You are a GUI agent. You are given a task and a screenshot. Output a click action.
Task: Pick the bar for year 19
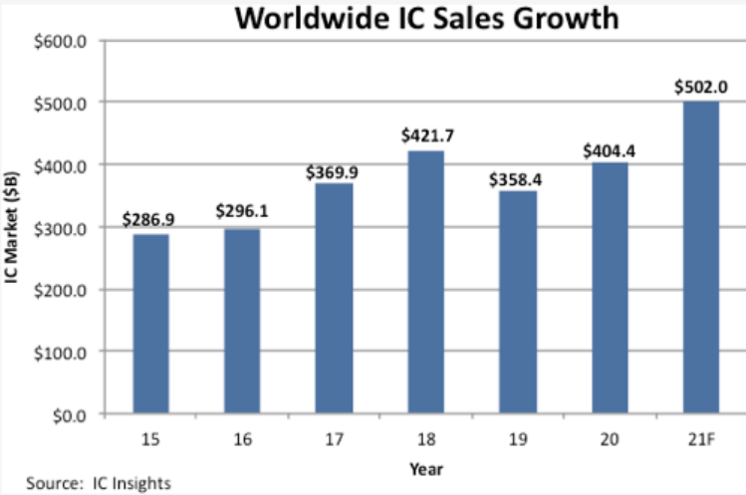tap(518, 302)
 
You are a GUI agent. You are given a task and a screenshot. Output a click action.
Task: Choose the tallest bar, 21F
tap(700, 257)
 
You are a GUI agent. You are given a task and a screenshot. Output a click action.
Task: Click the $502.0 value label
tap(701, 87)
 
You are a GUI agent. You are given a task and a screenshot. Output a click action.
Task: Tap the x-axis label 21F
tap(700, 436)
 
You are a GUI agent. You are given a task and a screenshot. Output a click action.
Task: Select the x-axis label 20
tap(609, 436)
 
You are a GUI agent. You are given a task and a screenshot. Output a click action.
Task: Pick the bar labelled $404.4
tap(609, 288)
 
